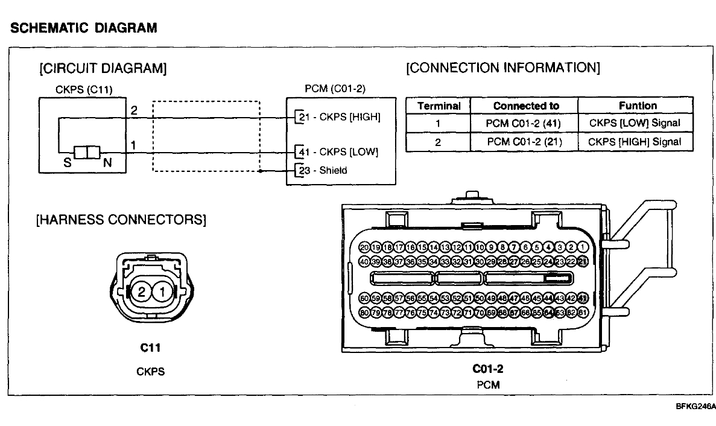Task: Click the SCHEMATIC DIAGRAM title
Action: tap(84, 28)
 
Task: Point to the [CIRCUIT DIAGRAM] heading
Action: tap(103, 68)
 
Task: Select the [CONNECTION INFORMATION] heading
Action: tap(503, 68)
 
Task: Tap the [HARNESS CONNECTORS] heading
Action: tap(121, 220)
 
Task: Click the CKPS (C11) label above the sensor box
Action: tap(84, 91)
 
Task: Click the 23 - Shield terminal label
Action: tap(325, 170)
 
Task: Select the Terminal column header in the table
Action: tap(439, 106)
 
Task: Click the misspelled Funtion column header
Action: tap(638, 106)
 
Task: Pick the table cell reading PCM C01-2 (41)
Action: tap(524, 123)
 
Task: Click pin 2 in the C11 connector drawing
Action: tap(142, 292)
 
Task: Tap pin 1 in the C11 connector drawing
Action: tap(162, 292)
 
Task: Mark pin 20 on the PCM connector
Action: tap(364, 247)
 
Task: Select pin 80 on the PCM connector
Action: tap(364, 313)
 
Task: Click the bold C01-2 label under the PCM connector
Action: tap(487, 369)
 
